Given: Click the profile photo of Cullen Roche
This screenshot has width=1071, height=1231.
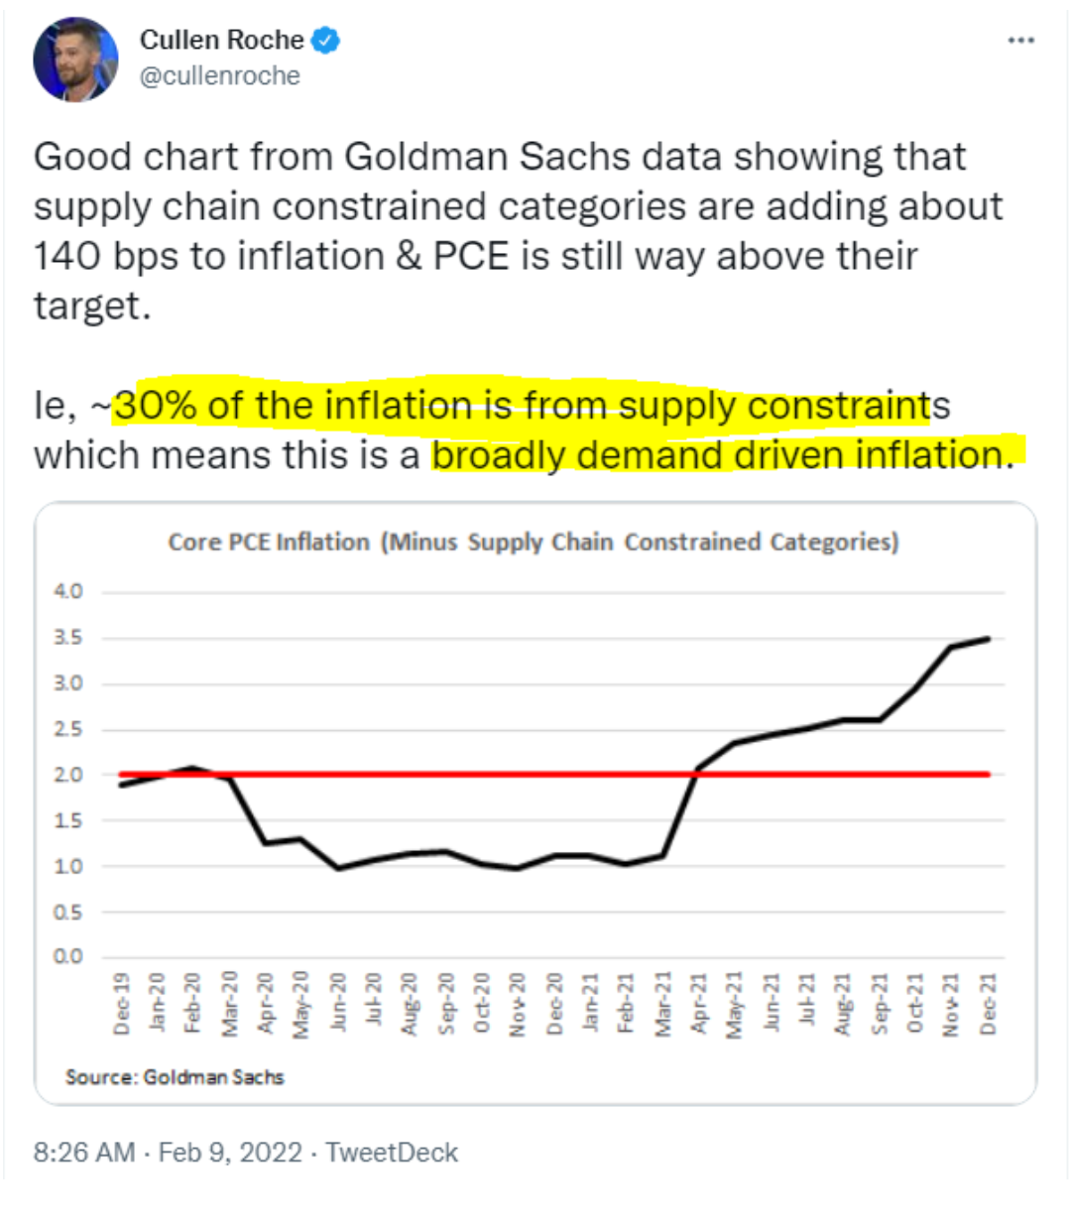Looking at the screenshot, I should coord(75,60).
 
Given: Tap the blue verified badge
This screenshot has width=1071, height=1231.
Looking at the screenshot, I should coord(326,41).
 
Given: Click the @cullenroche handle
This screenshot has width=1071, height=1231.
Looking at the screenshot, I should coord(219,76).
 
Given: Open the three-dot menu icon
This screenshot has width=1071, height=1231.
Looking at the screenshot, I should coord(1020,41).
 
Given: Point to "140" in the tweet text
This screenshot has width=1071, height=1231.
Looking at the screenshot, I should coord(67,256).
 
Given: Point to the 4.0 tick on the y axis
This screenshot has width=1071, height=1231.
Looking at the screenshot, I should coord(68,591).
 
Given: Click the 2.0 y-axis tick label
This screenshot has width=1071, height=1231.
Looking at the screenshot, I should coord(68,775).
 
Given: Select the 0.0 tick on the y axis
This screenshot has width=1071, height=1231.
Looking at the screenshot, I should coord(68,957).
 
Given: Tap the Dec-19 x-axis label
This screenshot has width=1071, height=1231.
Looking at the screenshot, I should coord(122,1004).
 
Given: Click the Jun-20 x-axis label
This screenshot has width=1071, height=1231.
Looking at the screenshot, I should coord(338,1004).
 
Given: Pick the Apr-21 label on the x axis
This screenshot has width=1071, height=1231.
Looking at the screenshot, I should coord(698,1004).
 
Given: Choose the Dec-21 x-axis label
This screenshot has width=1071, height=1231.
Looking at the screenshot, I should coord(988,1004).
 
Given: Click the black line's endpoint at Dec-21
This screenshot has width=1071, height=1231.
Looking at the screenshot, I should coord(988,639).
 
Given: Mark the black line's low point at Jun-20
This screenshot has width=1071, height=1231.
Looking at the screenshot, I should coord(338,868).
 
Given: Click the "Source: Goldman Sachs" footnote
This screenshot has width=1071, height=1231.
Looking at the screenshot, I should coord(175,1077).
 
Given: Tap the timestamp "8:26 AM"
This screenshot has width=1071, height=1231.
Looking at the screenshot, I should coord(84,1153).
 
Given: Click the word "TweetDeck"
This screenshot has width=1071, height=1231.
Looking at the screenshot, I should coord(392,1153).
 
